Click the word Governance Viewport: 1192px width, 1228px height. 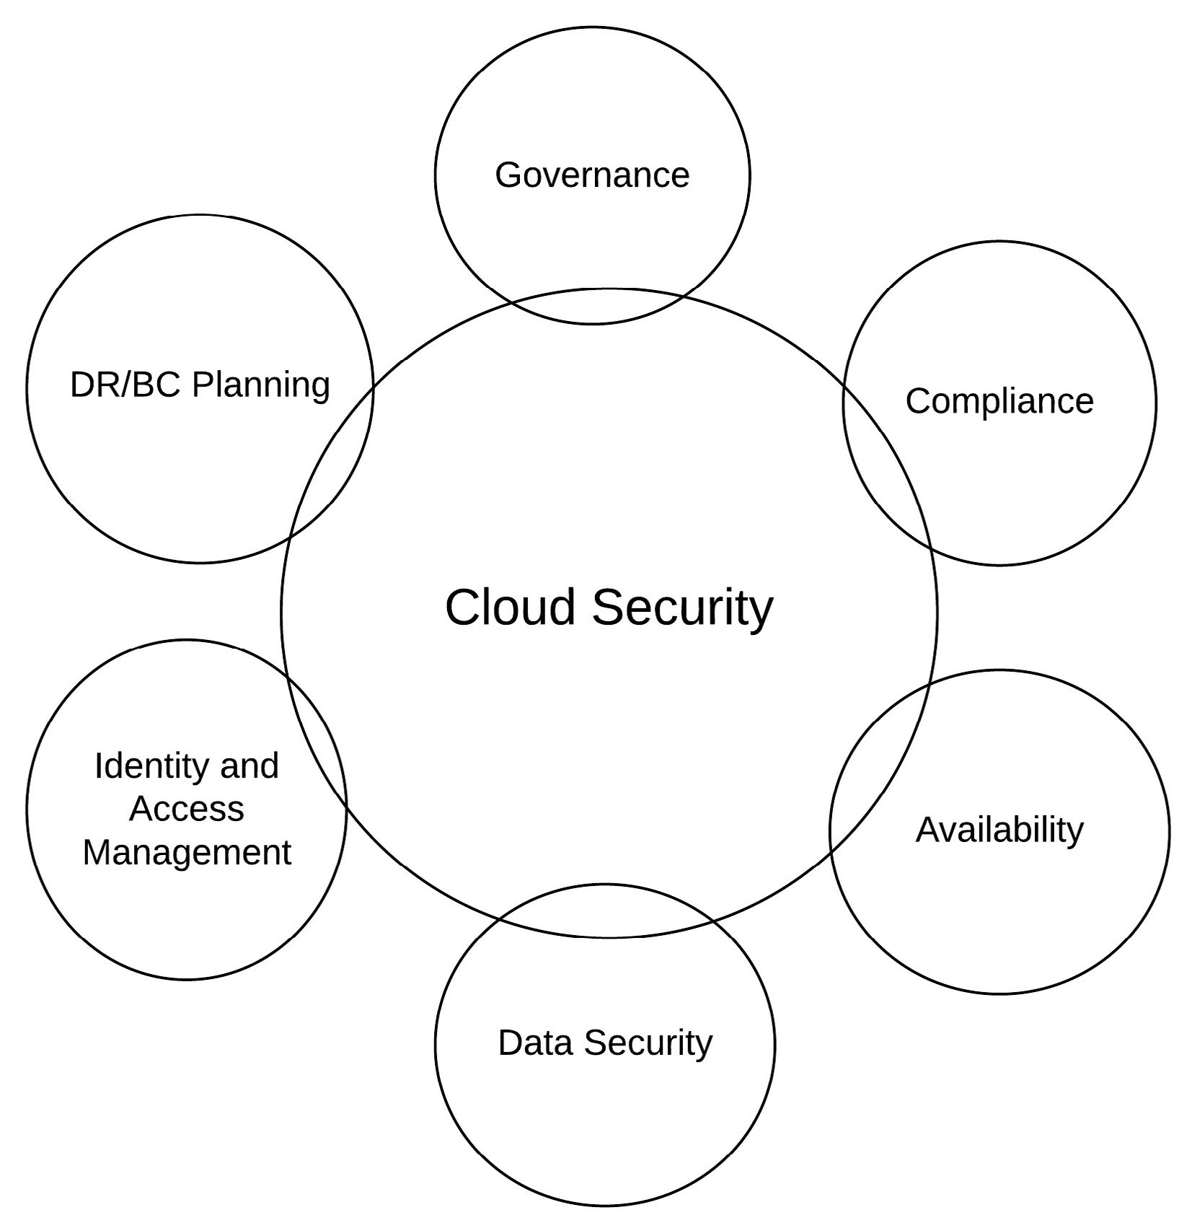click(x=592, y=175)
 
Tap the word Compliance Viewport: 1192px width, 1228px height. click(x=999, y=401)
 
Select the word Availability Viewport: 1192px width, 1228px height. click(x=999, y=830)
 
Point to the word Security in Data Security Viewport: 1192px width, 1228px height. click(x=648, y=1043)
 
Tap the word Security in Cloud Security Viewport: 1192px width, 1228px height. click(x=682, y=608)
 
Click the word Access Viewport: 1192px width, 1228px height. click(x=187, y=809)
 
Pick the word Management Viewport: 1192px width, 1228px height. click(x=187, y=852)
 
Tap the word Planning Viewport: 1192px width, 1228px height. click(x=261, y=385)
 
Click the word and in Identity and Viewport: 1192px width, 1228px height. click(x=250, y=766)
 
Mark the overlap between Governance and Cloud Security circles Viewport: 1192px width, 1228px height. click(x=597, y=307)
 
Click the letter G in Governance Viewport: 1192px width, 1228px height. click(x=508, y=175)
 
